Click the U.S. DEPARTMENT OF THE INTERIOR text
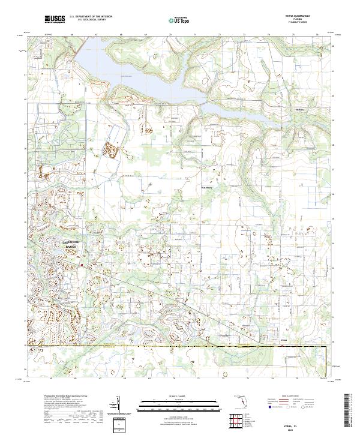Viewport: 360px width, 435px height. coord(90,17)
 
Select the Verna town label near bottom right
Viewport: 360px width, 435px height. coord(284,340)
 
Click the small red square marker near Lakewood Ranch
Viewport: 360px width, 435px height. coord(80,262)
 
